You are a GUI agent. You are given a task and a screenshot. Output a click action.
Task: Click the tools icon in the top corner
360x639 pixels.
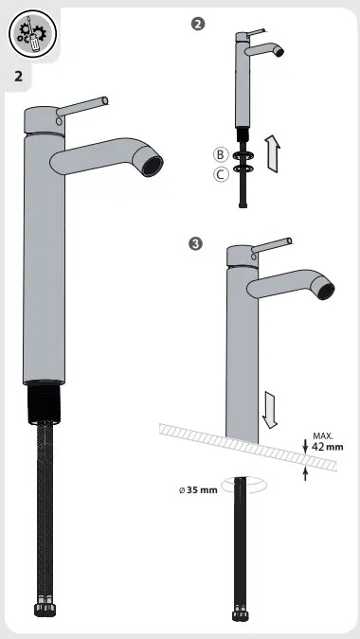[31, 34]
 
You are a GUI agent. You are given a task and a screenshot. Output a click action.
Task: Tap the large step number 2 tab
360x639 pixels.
[19, 76]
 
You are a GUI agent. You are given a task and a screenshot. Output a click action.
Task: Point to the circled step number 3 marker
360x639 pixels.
[195, 244]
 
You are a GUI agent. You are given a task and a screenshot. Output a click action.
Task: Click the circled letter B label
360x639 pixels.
[220, 154]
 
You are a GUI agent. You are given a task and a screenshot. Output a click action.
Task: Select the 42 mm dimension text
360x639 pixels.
[328, 447]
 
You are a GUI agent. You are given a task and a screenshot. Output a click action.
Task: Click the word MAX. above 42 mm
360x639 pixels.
[323, 435]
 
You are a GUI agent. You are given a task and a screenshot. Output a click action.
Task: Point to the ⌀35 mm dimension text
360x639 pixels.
[198, 490]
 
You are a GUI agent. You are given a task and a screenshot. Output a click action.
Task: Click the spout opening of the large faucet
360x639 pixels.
[152, 167]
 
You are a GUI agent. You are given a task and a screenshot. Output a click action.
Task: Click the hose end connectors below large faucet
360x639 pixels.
[45, 628]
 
